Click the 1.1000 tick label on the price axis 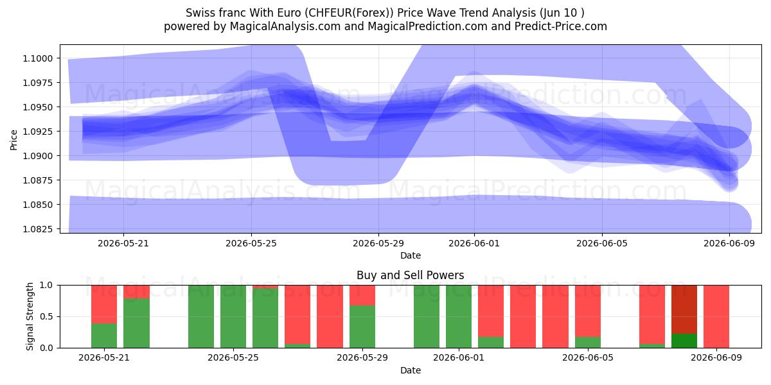point(38,58)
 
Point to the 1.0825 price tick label point(38,229)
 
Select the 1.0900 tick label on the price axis point(38,156)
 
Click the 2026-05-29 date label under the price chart point(378,243)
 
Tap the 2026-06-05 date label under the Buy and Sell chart point(588,357)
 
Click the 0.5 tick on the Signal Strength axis point(46,316)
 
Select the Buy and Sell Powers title point(411,275)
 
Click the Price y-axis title point(13,140)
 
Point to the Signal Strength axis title point(30,316)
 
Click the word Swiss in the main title point(199,13)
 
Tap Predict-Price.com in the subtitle point(561,26)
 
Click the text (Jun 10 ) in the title point(562,13)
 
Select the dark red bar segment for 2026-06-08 point(684,309)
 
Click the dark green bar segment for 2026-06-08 point(684,341)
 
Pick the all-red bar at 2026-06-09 point(716,316)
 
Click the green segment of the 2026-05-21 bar point(104,336)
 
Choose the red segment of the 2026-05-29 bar point(362,295)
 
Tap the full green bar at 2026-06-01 point(459,316)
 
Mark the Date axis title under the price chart point(411,255)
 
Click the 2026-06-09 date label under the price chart point(729,243)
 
